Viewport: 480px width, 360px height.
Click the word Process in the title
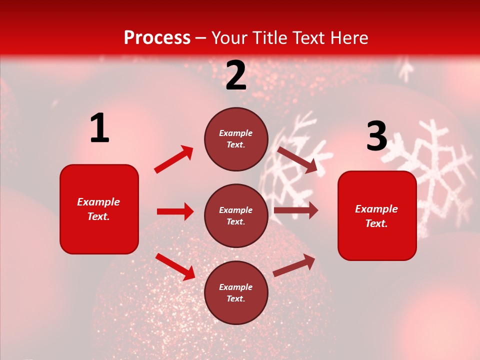pyautogui.click(x=157, y=37)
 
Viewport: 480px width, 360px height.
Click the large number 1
pyautogui.click(x=99, y=128)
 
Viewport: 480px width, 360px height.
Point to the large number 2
pyautogui.click(x=236, y=76)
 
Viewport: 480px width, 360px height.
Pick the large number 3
pyautogui.click(x=376, y=136)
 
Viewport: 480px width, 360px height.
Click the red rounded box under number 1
pyautogui.click(x=99, y=209)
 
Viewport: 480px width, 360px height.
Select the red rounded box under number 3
pyautogui.click(x=377, y=215)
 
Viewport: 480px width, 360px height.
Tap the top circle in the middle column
pyautogui.click(x=236, y=139)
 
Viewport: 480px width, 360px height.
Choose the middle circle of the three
pyautogui.click(x=236, y=215)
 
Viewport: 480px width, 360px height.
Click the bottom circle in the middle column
pyautogui.click(x=236, y=292)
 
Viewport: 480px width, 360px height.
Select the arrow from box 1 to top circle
pyautogui.click(x=173, y=159)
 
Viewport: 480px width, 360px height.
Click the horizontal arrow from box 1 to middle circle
pyautogui.click(x=175, y=211)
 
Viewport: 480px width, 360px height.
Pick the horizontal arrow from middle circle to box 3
pyautogui.click(x=295, y=210)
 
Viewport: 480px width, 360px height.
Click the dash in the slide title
pyautogui.click(x=200, y=38)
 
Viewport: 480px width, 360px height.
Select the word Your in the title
pyautogui.click(x=229, y=37)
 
